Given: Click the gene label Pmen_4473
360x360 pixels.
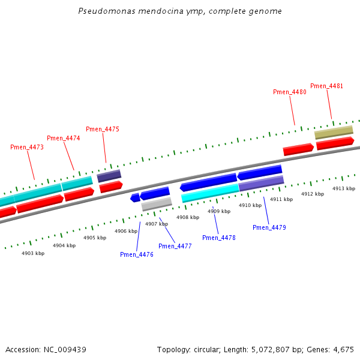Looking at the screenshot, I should pyautogui.click(x=27, y=147).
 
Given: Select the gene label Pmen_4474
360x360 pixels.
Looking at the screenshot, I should pyautogui.click(x=64, y=138).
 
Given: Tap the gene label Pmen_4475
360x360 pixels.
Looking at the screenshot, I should pyautogui.click(x=103, y=129).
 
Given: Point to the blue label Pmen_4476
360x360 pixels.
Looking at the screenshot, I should pyautogui.click(x=137, y=254).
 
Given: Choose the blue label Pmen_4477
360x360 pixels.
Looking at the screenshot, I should pyautogui.click(x=175, y=246).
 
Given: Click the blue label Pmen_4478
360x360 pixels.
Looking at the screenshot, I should pyautogui.click(x=219, y=238).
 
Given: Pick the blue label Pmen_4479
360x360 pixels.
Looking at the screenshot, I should pyautogui.click(x=269, y=227).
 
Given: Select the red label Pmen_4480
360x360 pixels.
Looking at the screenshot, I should pyautogui.click(x=290, y=92).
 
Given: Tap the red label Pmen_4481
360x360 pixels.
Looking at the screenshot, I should pyautogui.click(x=327, y=86).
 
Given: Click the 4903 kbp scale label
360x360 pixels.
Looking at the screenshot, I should pyautogui.click(x=33, y=253).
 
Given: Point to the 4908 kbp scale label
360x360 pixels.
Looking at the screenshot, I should pyautogui.click(x=188, y=217).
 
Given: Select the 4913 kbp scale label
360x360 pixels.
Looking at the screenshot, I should pyautogui.click(x=344, y=188).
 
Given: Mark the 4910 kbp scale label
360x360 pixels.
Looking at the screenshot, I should pyautogui.click(x=250, y=205).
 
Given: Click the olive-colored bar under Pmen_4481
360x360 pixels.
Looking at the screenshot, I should pyautogui.click(x=334, y=132).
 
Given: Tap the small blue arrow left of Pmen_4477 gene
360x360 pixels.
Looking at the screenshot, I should pyautogui.click(x=135, y=197).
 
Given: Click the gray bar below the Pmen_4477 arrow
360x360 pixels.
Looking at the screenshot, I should pyautogui.click(x=157, y=204).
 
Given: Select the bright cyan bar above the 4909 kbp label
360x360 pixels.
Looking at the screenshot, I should pyautogui.click(x=210, y=193).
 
